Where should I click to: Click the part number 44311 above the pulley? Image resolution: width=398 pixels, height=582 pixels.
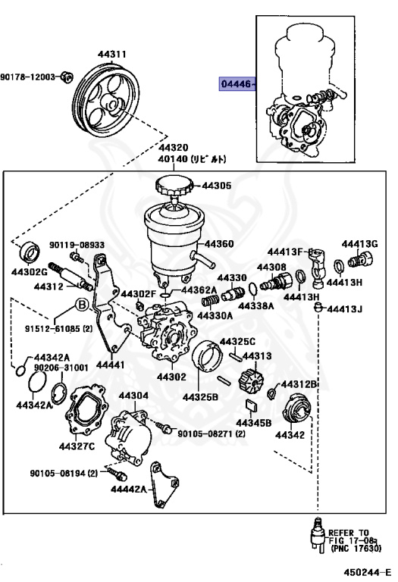[111, 55]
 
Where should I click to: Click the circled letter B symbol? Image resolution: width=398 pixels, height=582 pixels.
[82, 307]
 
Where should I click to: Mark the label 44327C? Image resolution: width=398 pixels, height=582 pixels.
[78, 446]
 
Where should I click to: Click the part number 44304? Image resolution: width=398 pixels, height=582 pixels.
[133, 396]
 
